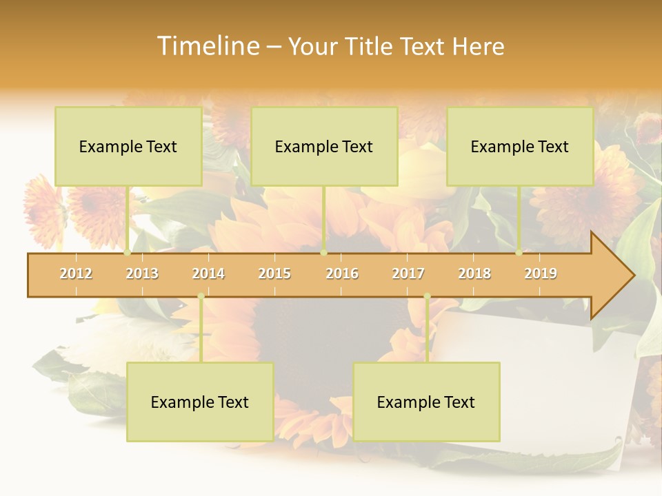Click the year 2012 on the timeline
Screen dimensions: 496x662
click(76, 273)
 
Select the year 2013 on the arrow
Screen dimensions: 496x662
click(142, 273)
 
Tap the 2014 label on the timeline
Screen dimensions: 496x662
click(208, 273)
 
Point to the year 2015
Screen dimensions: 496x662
click(274, 273)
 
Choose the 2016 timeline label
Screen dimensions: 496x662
click(342, 273)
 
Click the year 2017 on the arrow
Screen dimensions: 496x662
click(408, 273)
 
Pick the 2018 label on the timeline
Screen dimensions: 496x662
click(474, 273)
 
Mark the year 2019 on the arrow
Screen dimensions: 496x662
click(541, 273)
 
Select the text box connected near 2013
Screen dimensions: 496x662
click(128, 146)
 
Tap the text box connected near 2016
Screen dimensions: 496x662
click(324, 146)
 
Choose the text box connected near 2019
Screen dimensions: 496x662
click(520, 146)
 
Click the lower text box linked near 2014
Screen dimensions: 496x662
click(200, 402)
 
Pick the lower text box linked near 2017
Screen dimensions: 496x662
click(426, 402)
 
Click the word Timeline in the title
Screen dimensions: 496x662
click(206, 46)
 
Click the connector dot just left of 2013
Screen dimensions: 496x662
click(128, 253)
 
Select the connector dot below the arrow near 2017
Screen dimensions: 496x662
click(427, 296)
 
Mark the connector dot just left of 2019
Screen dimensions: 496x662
click(519, 253)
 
